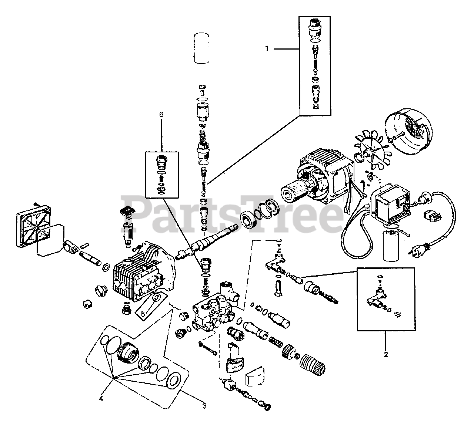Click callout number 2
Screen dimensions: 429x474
click(x=386, y=354)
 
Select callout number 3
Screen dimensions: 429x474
click(x=204, y=406)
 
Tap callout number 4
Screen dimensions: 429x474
click(x=100, y=399)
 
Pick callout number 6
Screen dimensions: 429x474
click(x=161, y=115)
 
